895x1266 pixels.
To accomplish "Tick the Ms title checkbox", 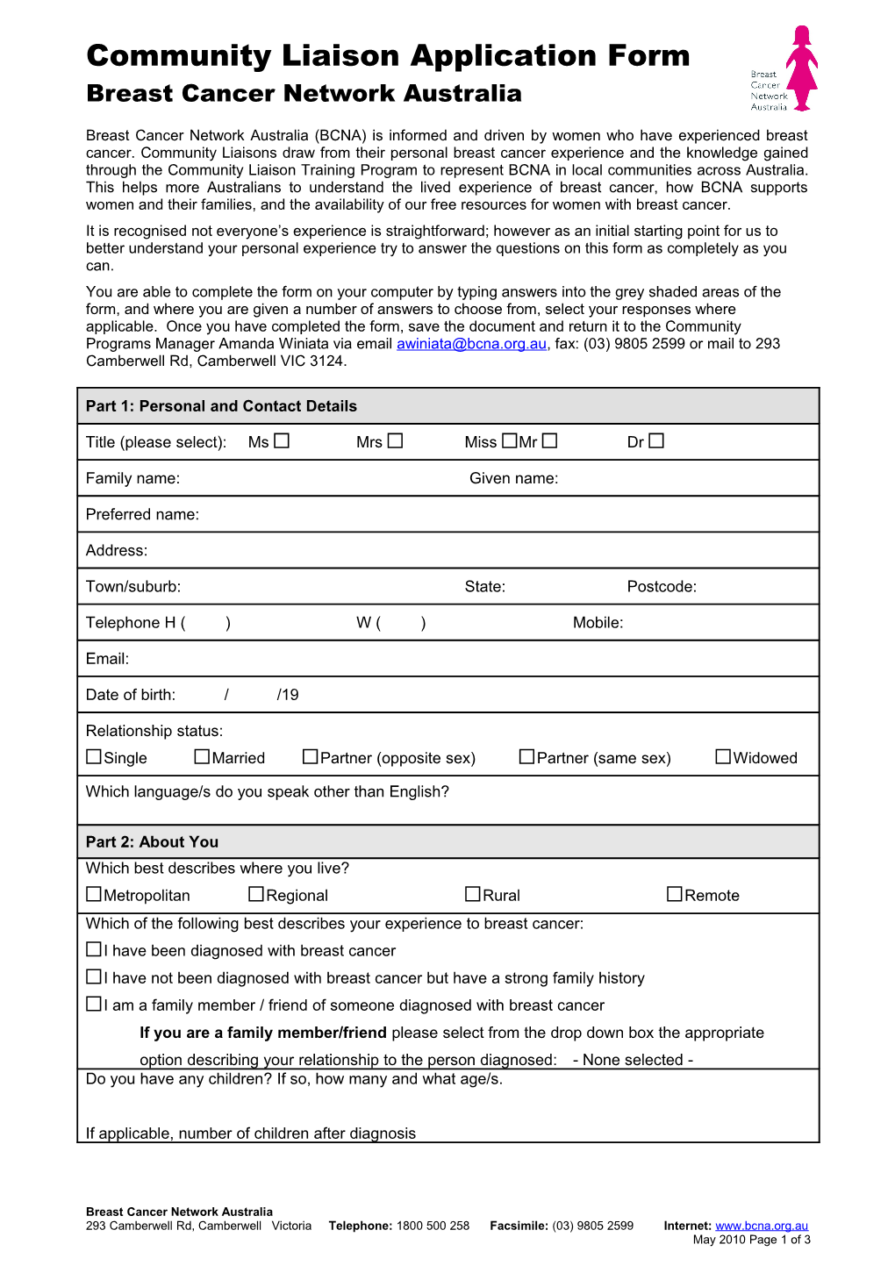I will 282,441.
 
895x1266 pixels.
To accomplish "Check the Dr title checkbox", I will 656,441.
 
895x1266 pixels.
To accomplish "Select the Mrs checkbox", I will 396,441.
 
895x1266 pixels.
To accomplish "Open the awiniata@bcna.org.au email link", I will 471,344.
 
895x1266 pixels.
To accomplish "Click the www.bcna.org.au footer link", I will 762,1226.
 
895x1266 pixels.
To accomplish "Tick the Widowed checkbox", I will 723,756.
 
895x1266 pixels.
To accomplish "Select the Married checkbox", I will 202,756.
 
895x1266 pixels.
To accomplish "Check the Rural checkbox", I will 473,894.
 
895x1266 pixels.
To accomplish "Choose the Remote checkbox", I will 674,894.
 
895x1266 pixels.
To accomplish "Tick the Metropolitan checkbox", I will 94,894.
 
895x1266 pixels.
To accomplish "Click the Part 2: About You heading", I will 152,842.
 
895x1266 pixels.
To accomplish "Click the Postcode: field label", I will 662,587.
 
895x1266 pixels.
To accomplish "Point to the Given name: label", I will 513,478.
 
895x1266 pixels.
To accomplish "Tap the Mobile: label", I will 598,623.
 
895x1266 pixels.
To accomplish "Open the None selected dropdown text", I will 633,1060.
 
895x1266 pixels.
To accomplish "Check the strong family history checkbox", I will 94,976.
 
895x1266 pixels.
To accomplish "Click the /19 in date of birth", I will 288,695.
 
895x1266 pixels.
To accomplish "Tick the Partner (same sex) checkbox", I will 526,756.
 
